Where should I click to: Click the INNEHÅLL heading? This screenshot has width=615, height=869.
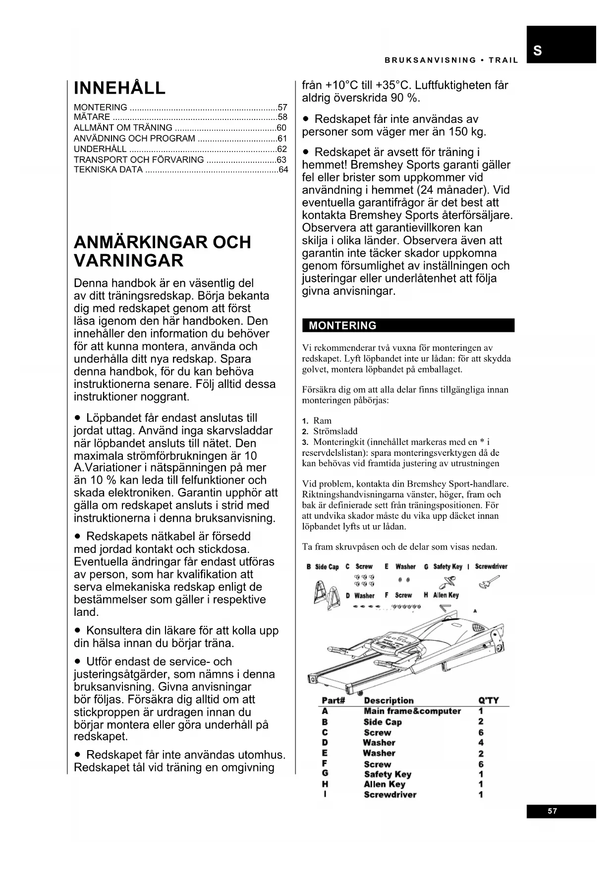119,88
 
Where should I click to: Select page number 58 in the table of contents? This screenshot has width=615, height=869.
282,117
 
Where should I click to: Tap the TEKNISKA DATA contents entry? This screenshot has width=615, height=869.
108,170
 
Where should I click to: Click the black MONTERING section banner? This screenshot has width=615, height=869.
408,326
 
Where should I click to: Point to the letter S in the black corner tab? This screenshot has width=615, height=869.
538,51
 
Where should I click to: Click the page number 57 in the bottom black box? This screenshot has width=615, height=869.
553,811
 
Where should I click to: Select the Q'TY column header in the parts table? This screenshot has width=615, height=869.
489,700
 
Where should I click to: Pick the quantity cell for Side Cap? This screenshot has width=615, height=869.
481,722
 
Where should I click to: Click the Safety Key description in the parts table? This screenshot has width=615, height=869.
388,774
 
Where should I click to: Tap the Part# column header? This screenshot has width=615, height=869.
333,700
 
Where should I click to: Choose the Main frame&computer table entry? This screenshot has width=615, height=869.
412,711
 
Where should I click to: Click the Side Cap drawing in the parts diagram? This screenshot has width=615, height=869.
327,593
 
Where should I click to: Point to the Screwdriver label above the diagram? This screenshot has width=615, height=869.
491,566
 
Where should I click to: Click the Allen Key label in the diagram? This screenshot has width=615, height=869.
446,595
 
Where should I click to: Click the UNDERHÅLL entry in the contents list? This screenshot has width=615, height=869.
100,149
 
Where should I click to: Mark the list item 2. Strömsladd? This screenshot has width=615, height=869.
330,431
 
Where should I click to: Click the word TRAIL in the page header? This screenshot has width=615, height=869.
503,60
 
